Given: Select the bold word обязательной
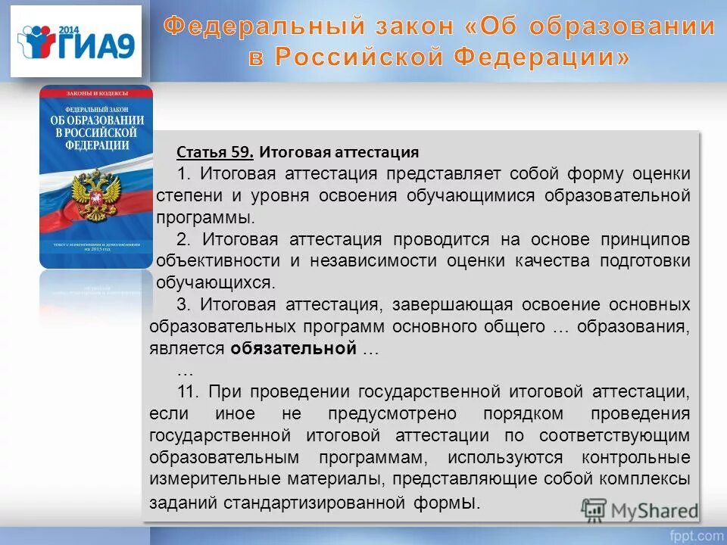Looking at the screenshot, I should click(293, 349).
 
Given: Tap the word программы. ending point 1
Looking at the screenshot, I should click(204, 217).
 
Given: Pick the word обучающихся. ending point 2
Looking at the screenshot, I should click(214, 283).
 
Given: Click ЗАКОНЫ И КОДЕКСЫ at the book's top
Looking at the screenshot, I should click(96, 92).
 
